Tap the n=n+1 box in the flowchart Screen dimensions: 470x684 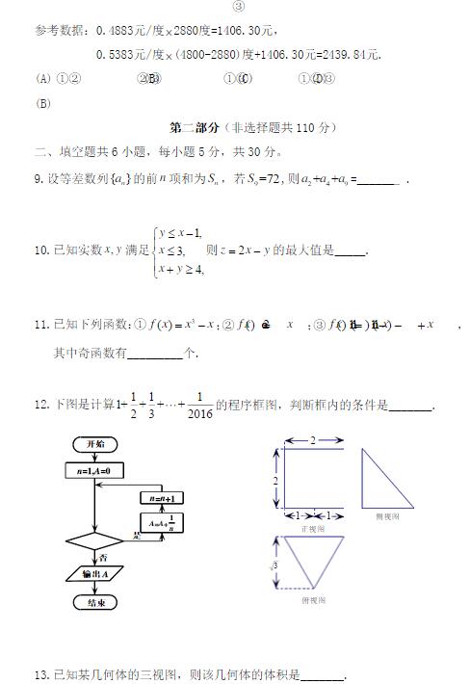(x=161, y=497)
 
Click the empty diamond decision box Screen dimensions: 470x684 (x=95, y=540)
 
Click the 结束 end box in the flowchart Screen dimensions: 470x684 (x=96, y=602)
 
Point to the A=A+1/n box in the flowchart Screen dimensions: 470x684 (x=163, y=523)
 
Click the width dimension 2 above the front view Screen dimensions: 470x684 (x=311, y=440)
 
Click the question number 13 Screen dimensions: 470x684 (x=40, y=673)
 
